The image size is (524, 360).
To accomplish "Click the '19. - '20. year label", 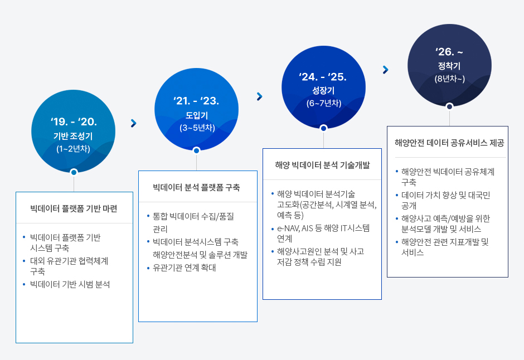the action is pos(74,121).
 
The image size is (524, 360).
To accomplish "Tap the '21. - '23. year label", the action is pos(196,100).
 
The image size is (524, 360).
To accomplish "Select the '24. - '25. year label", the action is pos(323,77).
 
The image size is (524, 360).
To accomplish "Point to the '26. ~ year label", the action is pos(449,52).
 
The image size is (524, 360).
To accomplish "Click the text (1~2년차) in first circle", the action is pos(73,149).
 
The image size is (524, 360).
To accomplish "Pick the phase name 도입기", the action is pos(197,115).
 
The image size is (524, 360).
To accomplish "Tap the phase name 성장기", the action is pos(323,90).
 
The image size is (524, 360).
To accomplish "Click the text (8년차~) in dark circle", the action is pos(449,79).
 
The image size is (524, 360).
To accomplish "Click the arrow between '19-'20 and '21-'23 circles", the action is pos(134,123).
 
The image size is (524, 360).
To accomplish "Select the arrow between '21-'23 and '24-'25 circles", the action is pos(260,96).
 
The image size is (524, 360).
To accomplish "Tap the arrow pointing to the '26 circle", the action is pos(386,70).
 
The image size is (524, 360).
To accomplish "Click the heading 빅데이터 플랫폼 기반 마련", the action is pos(74,209).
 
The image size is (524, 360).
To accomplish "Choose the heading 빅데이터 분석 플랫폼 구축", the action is pos(196,187).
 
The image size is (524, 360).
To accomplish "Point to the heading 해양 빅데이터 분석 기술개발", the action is pos(323,165).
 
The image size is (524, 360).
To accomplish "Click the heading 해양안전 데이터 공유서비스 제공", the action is pos(449,143).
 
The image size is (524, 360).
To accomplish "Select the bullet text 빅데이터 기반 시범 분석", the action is pos(70,284).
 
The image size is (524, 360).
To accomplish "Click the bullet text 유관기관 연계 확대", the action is pos(184,267).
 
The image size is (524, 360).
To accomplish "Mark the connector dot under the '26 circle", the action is pos(449,106).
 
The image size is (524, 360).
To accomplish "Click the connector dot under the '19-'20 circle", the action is pos(74,172).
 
